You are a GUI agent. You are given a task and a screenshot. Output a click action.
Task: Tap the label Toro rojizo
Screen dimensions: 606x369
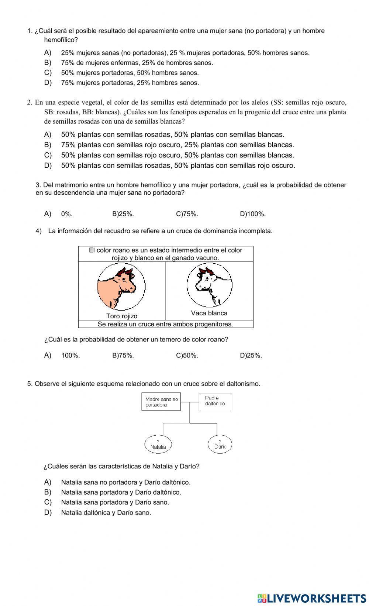click(x=122, y=316)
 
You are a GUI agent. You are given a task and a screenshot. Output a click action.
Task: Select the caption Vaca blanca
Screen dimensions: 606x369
click(x=209, y=313)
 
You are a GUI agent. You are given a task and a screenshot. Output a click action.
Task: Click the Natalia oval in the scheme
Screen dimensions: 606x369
click(x=158, y=444)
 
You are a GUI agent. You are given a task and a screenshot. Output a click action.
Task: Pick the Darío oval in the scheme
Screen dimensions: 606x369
click(x=220, y=444)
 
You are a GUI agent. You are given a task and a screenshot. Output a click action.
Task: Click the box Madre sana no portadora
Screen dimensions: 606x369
click(x=161, y=402)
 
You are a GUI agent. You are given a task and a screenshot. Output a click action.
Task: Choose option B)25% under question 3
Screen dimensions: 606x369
click(x=123, y=214)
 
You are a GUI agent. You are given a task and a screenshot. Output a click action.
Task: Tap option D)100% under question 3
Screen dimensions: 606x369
click(x=253, y=214)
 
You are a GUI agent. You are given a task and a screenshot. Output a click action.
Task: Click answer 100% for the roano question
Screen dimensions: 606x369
click(x=70, y=356)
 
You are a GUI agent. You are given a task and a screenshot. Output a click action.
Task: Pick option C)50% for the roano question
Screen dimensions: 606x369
click(x=187, y=356)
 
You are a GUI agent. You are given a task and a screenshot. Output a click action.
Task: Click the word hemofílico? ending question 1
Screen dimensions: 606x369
click(x=61, y=40)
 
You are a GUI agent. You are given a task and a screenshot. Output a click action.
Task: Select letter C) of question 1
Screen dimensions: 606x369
click(x=48, y=73)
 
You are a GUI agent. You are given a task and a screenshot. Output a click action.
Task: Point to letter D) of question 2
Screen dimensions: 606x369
click(x=48, y=166)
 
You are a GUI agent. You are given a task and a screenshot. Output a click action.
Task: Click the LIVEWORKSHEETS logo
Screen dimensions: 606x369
click(x=311, y=598)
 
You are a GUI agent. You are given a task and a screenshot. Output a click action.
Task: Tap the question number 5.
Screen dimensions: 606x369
click(x=29, y=384)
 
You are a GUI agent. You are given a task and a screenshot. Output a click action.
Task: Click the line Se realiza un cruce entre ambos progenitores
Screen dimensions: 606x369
click(x=165, y=324)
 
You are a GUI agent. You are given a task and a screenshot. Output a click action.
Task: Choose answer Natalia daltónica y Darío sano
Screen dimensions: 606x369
click(x=106, y=512)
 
